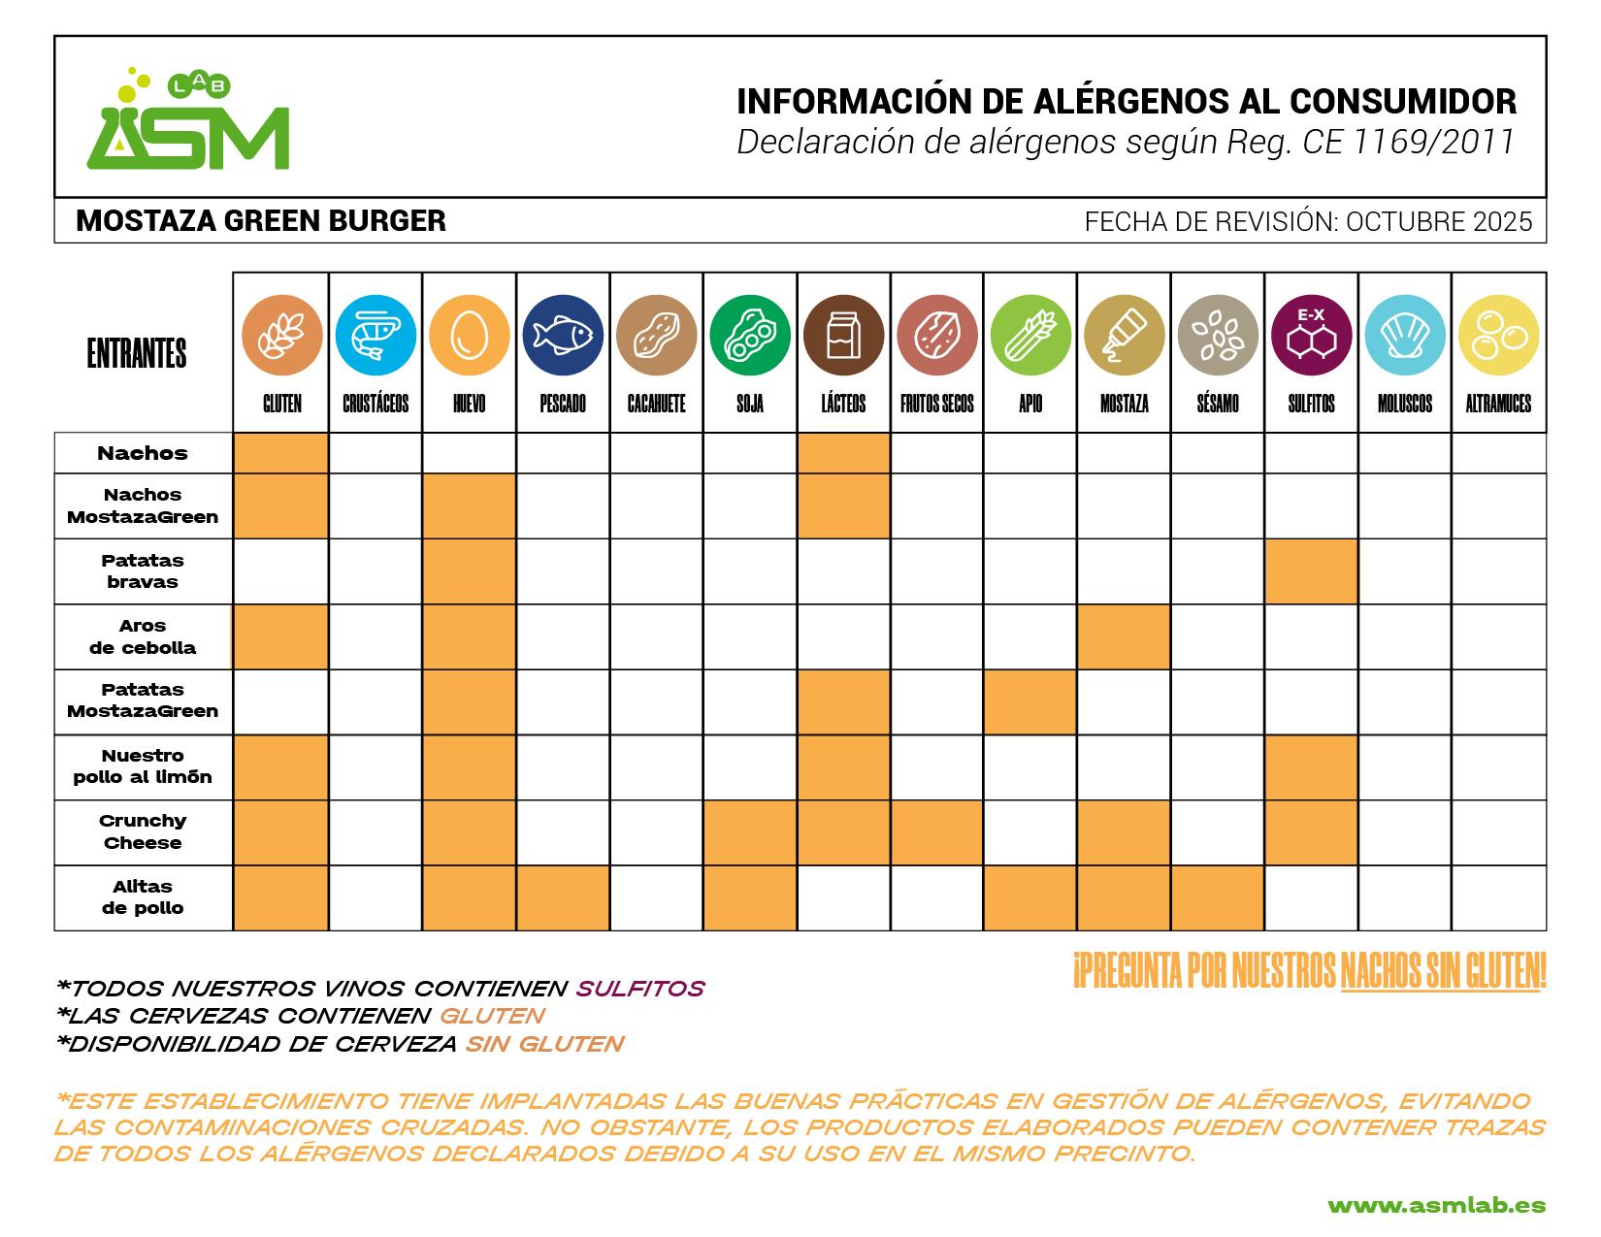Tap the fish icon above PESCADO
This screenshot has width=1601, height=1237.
[563, 335]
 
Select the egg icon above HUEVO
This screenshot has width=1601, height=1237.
[470, 335]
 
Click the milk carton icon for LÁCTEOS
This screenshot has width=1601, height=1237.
[843, 335]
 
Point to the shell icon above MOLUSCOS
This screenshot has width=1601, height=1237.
[1404, 335]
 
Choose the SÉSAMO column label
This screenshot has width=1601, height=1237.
[1217, 404]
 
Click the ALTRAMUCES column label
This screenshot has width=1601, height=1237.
[1498, 404]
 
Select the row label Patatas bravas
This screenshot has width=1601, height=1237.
[143, 571]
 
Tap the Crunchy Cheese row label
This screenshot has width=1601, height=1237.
[143, 831]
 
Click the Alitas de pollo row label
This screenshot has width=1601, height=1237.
[143, 897]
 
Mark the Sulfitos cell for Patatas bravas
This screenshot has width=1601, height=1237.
[1311, 571]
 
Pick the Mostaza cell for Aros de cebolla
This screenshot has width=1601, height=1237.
[1124, 636]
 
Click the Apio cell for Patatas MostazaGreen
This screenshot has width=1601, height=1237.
[1030, 701]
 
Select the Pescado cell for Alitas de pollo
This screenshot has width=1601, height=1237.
[563, 897]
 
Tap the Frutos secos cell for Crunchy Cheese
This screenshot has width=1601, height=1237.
[937, 832]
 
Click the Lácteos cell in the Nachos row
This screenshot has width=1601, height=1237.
[843, 453]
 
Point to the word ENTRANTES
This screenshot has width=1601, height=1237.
[137, 354]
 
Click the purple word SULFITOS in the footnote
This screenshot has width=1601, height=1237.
[640, 989]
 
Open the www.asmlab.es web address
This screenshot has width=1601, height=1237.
[1436, 1206]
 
